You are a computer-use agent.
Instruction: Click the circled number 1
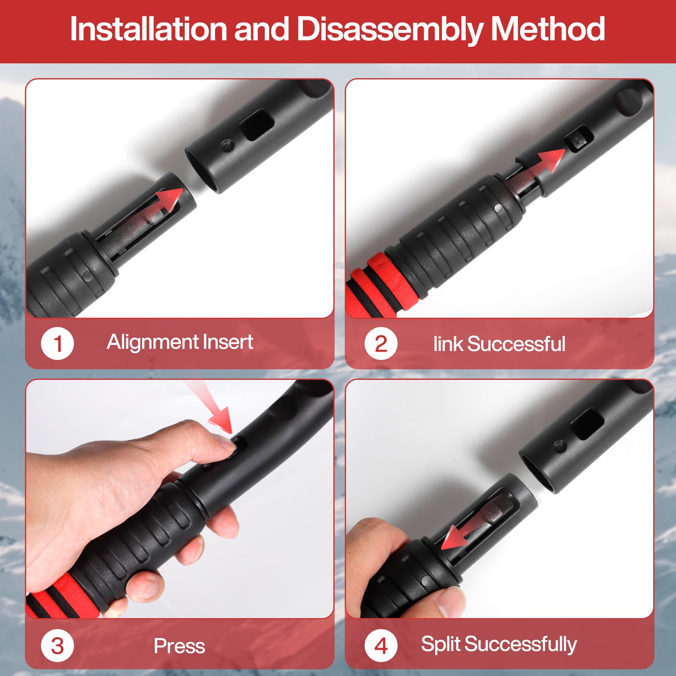click(x=57, y=343)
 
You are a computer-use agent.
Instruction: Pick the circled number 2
click(x=381, y=343)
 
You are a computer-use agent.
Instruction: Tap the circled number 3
click(x=57, y=646)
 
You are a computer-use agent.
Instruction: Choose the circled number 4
click(x=381, y=646)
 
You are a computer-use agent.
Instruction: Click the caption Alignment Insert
click(x=180, y=342)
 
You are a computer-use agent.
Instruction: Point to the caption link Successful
click(x=499, y=344)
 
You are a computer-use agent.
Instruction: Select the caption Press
click(x=180, y=646)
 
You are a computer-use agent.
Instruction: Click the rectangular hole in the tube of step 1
click(x=257, y=125)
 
